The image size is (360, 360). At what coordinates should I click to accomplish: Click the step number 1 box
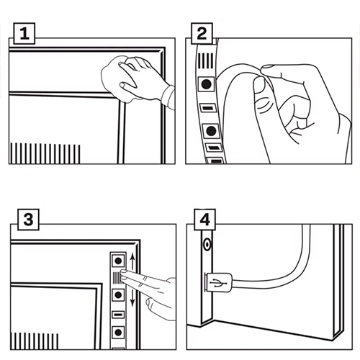24,34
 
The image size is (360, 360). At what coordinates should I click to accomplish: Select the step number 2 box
202,34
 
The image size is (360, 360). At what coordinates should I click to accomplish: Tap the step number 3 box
29,220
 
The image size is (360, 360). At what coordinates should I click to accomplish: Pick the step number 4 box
204,220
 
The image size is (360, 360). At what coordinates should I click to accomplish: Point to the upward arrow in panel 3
132,261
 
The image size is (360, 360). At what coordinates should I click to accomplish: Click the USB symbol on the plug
218,283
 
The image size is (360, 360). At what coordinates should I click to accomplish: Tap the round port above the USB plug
207,245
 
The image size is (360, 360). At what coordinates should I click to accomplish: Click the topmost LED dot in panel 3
118,261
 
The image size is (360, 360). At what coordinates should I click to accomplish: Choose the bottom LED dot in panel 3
118,333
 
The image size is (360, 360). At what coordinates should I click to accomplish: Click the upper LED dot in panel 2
206,84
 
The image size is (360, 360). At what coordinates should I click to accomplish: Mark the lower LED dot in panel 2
211,131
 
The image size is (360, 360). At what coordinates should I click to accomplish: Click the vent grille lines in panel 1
45,153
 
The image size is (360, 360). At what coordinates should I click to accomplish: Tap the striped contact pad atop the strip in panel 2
206,60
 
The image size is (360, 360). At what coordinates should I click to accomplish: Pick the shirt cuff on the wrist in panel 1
168,97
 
